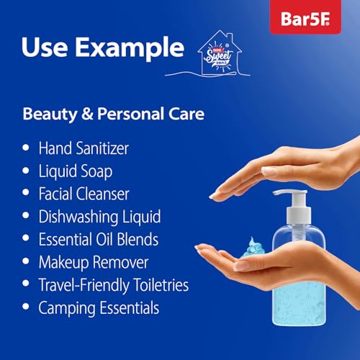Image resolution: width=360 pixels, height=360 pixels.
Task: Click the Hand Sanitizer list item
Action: point(94,148)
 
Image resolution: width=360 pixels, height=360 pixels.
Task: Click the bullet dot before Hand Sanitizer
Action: point(27,148)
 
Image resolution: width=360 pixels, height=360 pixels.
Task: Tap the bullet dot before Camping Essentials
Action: point(27,308)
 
